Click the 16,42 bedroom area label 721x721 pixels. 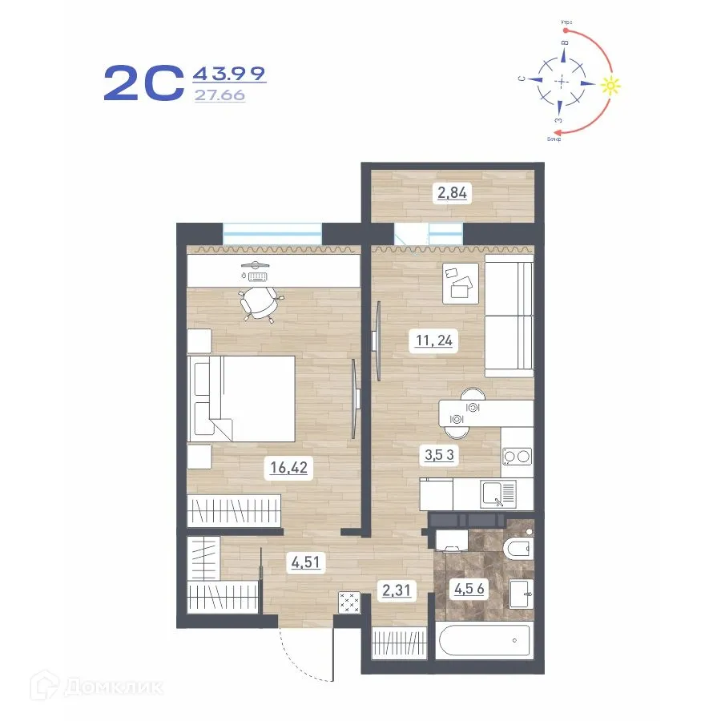tap(288, 468)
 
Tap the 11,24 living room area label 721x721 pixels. tap(434, 340)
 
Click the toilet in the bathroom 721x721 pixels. tap(516, 550)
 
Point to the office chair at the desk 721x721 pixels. tap(260, 304)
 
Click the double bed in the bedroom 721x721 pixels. tap(240, 398)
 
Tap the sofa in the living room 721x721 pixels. tap(509, 316)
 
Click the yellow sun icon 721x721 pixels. tap(611, 85)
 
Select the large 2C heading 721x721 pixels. tap(144, 84)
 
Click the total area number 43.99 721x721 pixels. tap(229, 75)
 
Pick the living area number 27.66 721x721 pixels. tap(220, 95)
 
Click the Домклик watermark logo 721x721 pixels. tap(96, 687)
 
